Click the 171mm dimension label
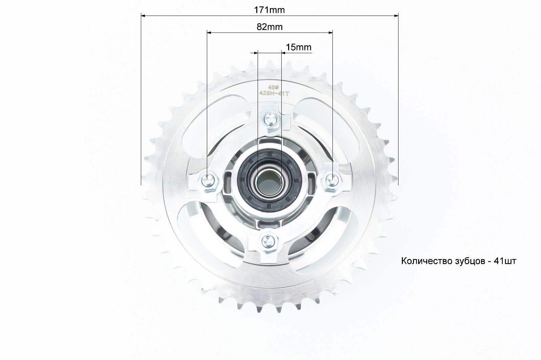pyautogui.click(x=269, y=10)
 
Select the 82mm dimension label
pyautogui.click(x=269, y=27)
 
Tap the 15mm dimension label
pyautogui.click(x=299, y=47)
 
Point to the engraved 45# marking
pyautogui.click(x=274, y=87)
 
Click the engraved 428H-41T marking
pyautogui.click(x=274, y=93)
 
